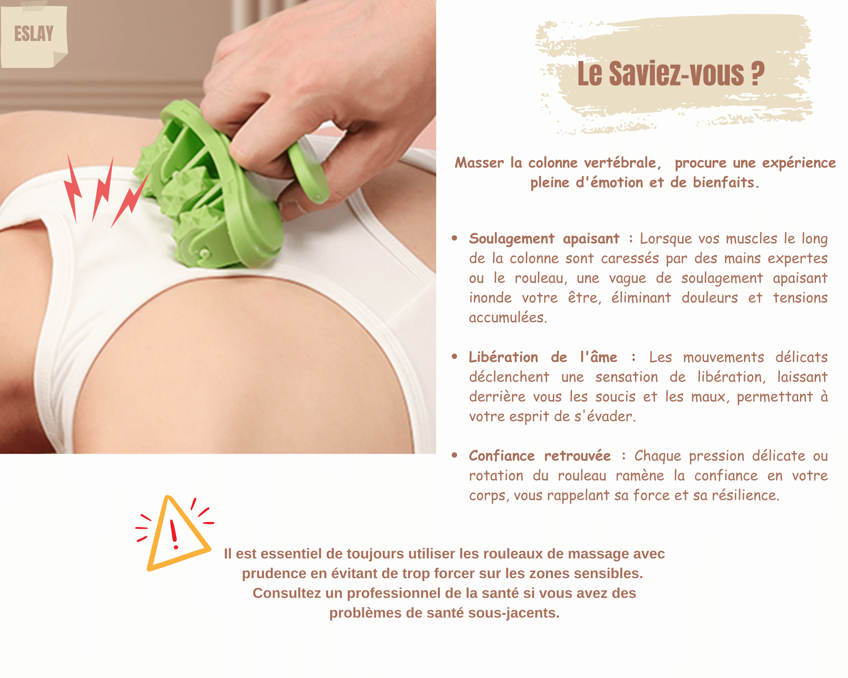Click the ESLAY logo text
click(34, 33)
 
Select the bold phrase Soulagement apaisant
click(544, 239)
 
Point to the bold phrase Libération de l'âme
click(543, 357)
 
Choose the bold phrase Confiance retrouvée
click(540, 455)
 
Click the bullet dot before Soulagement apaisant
click(455, 238)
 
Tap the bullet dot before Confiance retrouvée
click(455, 455)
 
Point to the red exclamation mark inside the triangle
click(174, 534)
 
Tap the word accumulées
click(508, 317)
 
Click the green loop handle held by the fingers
click(308, 173)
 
